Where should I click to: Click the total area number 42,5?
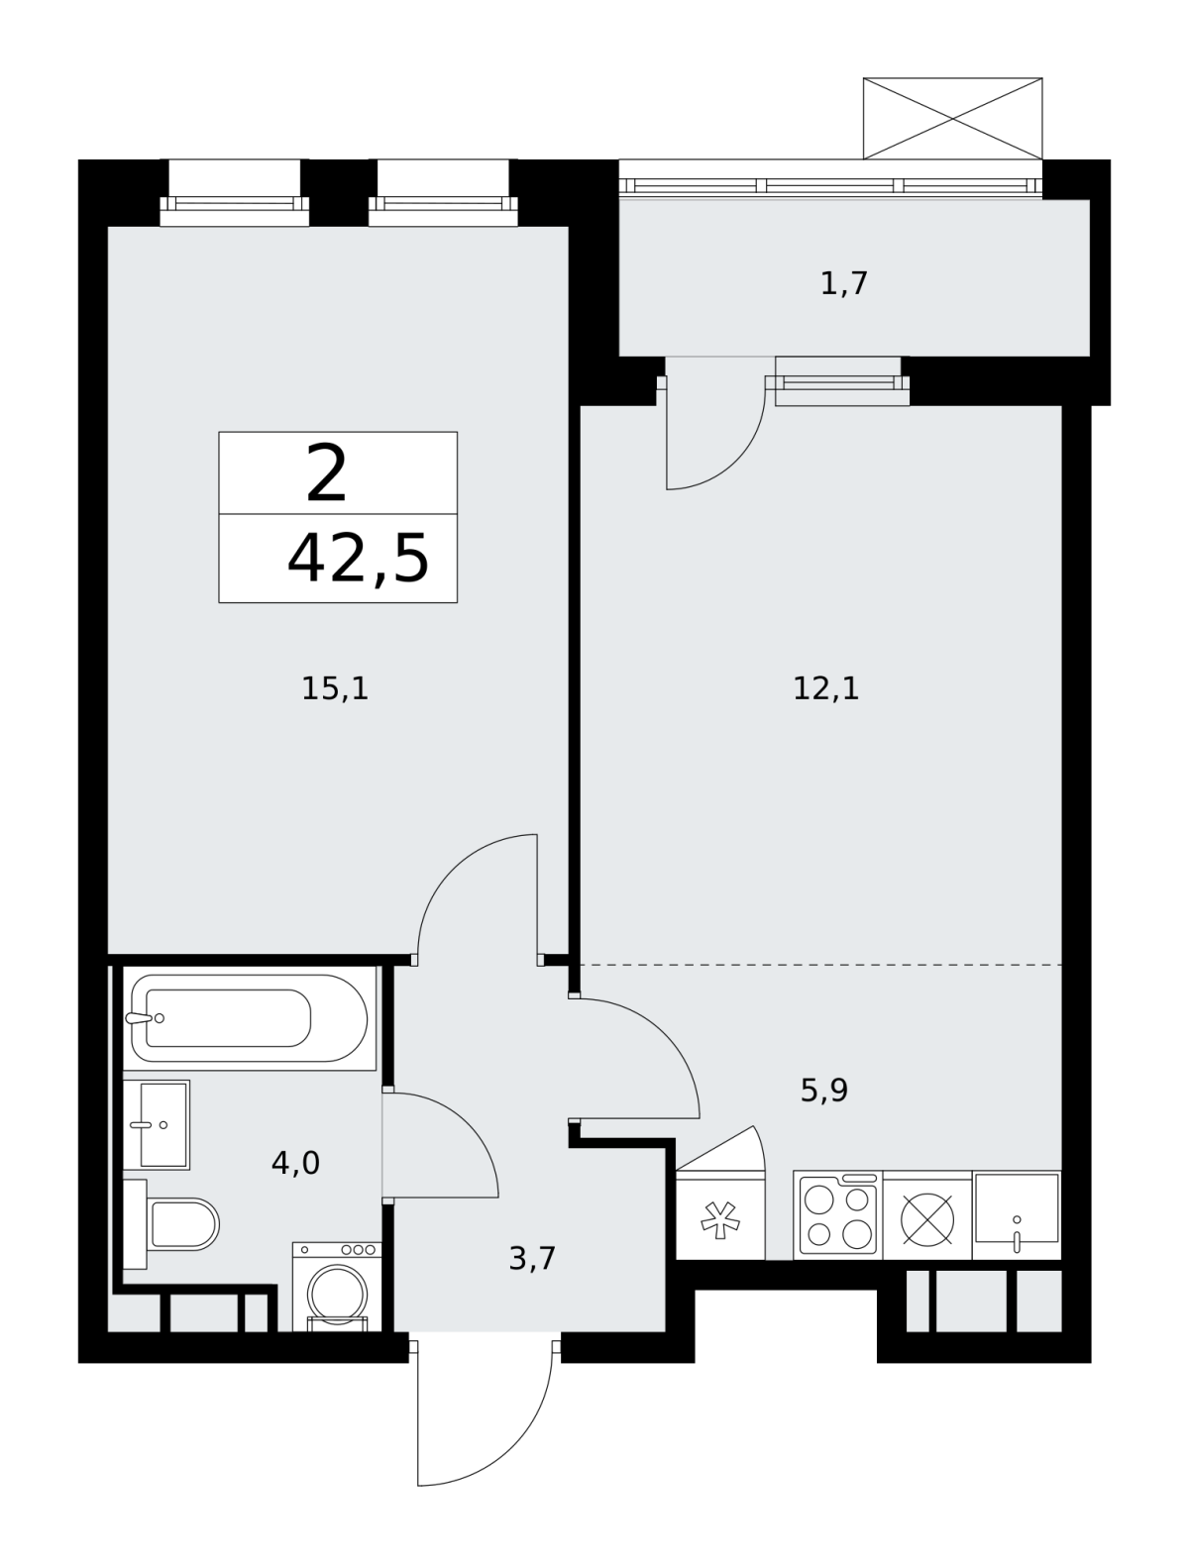(x=358, y=560)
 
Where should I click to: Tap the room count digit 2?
(x=326, y=473)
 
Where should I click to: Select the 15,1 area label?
(x=335, y=689)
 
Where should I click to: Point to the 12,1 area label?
(x=826, y=689)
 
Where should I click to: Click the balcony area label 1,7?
(x=844, y=284)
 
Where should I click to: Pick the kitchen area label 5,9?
(x=824, y=1091)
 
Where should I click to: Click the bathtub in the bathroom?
(x=250, y=1018)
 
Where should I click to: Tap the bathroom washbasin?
(x=157, y=1125)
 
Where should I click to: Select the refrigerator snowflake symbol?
(x=720, y=1220)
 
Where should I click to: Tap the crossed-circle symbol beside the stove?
(x=927, y=1219)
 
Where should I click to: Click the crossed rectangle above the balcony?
(x=952, y=118)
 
